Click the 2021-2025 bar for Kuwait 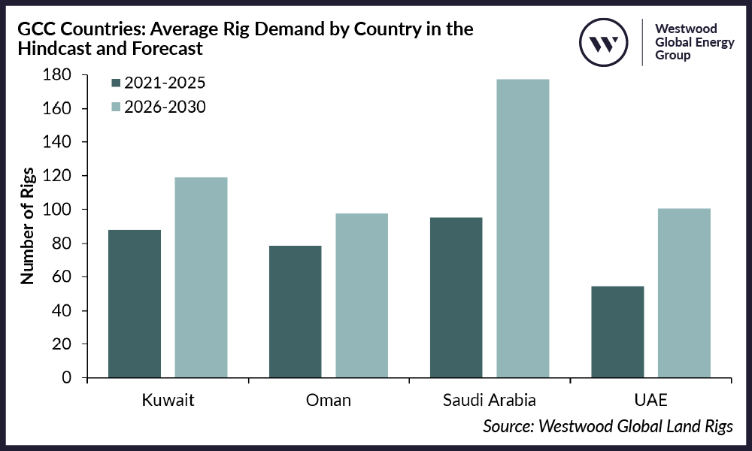(135, 304)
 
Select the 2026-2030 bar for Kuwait (201, 277)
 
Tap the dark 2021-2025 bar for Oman (296, 311)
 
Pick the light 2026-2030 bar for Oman (362, 295)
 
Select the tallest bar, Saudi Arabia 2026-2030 (523, 229)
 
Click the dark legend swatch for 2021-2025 (116, 83)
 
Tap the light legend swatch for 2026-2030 (116, 107)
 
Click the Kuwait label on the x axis (168, 400)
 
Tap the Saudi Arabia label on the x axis (490, 400)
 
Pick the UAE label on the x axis (650, 400)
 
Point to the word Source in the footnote (508, 426)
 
